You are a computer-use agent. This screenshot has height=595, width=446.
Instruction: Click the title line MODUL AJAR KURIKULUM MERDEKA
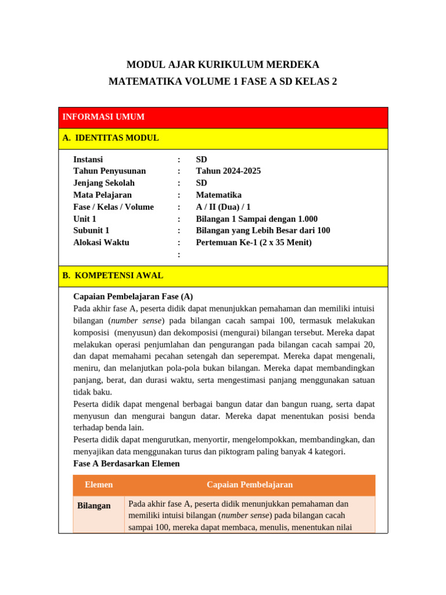click(x=223, y=64)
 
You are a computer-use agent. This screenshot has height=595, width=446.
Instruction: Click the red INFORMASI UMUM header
click(x=103, y=117)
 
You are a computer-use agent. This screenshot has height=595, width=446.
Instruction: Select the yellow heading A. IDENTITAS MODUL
click(x=110, y=138)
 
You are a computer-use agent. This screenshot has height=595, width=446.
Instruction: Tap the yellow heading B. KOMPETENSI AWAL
click(x=113, y=275)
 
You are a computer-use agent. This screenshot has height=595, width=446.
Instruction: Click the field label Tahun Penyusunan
click(x=109, y=171)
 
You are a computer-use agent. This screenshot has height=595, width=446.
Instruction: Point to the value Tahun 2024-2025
click(x=228, y=171)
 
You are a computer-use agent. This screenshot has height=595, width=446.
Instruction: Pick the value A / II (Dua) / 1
click(x=223, y=207)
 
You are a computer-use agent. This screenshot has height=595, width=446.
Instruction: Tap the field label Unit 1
click(x=85, y=219)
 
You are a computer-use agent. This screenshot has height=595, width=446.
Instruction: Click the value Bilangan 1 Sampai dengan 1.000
click(x=257, y=219)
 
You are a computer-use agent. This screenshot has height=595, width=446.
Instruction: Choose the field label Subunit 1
click(x=91, y=231)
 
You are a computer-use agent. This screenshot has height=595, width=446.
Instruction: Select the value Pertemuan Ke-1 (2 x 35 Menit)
click(x=254, y=242)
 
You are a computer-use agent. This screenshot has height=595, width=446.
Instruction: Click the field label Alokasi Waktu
click(x=101, y=242)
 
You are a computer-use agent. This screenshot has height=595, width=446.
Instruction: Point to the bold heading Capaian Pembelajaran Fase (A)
click(x=133, y=296)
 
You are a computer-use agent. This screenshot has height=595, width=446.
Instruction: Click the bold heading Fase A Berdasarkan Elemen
click(x=127, y=464)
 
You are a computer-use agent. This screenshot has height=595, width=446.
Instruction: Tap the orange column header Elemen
click(x=99, y=485)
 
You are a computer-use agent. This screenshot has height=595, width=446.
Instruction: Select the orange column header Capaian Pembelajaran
click(x=250, y=485)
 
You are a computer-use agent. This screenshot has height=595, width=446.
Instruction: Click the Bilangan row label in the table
click(x=93, y=506)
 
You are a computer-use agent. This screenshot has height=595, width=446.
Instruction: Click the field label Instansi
click(x=88, y=159)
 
